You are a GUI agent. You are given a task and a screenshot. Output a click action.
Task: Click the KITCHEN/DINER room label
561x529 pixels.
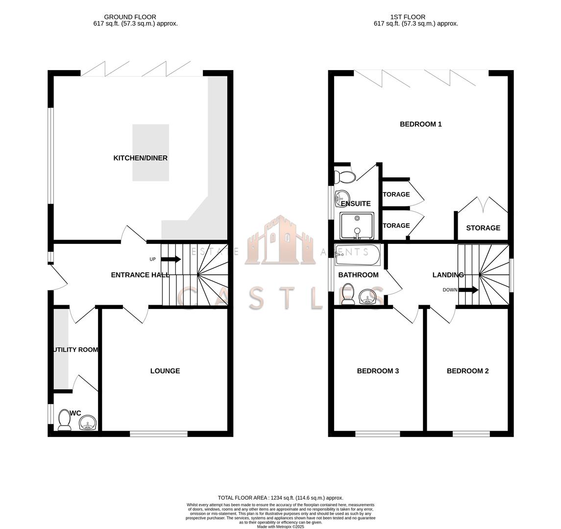140,158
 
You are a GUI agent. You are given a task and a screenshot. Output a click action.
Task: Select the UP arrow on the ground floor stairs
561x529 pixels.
171,259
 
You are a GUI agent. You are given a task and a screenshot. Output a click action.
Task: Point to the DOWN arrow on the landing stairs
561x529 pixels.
468,290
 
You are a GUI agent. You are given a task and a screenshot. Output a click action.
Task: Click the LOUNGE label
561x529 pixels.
165,371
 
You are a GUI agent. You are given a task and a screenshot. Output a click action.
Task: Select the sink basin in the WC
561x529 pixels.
88,423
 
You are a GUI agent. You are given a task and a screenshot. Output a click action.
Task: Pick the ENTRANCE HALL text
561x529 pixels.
140,275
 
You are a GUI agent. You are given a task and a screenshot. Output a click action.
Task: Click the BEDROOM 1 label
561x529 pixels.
420,124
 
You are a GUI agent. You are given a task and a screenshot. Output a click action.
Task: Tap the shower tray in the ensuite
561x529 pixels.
357,226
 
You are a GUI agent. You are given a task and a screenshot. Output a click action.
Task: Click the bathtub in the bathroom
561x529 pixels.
357,254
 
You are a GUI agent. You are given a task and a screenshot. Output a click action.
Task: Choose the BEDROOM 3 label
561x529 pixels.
377,371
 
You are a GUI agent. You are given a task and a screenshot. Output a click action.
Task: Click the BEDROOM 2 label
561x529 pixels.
467,371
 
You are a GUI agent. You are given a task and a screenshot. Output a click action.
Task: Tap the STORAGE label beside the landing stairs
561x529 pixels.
483,228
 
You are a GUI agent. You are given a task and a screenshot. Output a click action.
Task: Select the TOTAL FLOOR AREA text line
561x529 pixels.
280,498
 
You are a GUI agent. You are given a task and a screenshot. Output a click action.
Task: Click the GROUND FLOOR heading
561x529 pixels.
130,17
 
